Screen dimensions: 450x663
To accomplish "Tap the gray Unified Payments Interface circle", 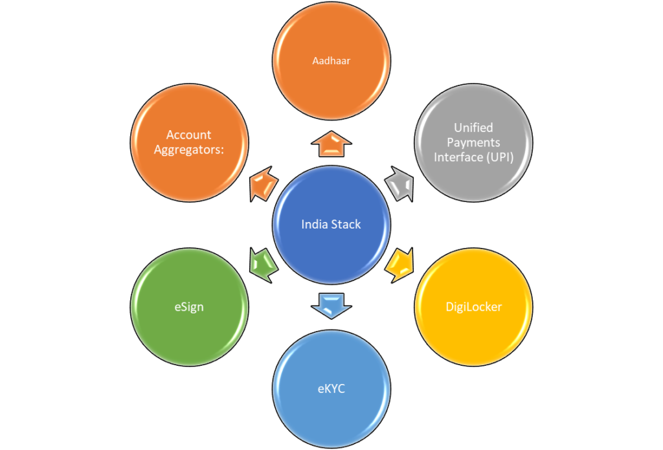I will [x=473, y=142].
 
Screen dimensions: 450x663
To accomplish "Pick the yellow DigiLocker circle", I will [x=473, y=307].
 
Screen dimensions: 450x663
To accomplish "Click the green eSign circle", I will [x=189, y=307].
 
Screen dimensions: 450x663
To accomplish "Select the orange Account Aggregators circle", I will [x=189, y=142].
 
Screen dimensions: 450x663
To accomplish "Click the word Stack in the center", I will [x=346, y=225].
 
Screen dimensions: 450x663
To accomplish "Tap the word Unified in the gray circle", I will [x=473, y=128].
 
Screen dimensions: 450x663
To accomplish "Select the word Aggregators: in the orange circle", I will [x=189, y=149].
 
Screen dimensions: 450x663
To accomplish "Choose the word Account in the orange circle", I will [x=189, y=135].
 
